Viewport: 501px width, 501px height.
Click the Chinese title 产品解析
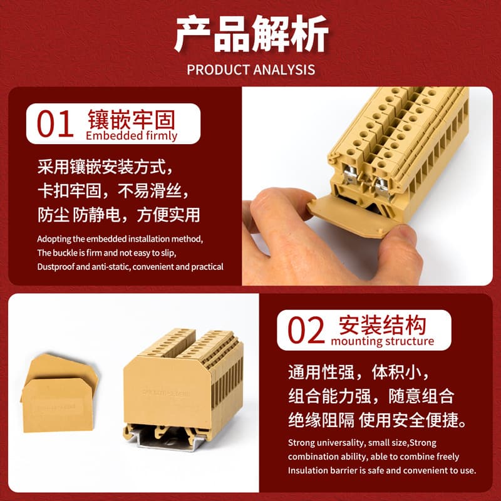[x=251, y=34]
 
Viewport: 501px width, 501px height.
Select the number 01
[x=55, y=124]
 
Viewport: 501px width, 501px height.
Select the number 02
[x=306, y=330]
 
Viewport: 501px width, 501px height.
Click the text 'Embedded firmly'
[x=132, y=136]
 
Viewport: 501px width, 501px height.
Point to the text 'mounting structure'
[x=383, y=341]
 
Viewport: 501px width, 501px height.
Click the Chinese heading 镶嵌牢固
[x=132, y=120]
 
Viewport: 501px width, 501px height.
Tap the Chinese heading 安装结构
[x=383, y=325]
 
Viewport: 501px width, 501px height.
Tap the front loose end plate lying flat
[x=58, y=405]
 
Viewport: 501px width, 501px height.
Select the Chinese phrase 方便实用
[x=168, y=215]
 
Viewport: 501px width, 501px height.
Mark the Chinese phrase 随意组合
[x=421, y=396]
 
